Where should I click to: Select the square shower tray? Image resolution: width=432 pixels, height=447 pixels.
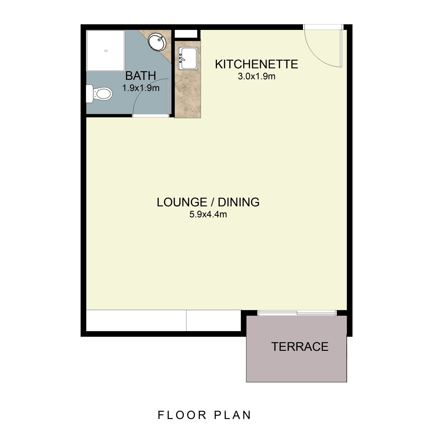[106, 51]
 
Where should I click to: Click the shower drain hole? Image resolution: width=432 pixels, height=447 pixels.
[106, 51]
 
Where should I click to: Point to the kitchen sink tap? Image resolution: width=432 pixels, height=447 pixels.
[181, 58]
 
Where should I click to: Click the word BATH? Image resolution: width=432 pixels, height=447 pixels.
[140, 76]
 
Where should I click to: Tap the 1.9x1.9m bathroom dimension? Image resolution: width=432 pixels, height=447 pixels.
[141, 88]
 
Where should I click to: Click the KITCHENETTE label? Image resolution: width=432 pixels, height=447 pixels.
[256, 64]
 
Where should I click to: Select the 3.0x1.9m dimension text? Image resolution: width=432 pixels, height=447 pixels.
[256, 76]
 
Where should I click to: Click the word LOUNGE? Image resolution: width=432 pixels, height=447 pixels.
[182, 203]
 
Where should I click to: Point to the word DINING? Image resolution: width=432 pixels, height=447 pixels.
[239, 203]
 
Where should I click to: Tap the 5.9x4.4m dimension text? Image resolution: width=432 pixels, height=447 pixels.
[208, 215]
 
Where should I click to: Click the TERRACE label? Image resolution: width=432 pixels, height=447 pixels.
[300, 347]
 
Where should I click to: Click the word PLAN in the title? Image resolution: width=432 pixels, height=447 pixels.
[233, 415]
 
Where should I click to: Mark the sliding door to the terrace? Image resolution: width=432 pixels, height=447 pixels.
[297, 313]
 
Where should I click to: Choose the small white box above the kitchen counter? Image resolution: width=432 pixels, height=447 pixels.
[186, 34]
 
